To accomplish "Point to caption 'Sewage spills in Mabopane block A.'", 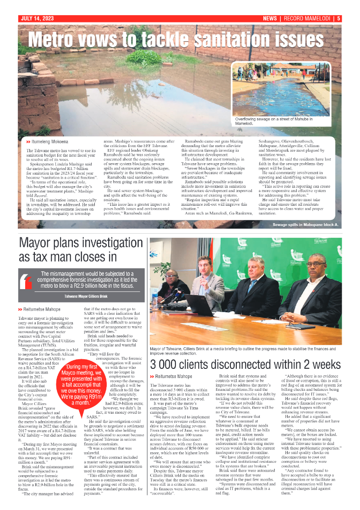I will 305,225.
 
